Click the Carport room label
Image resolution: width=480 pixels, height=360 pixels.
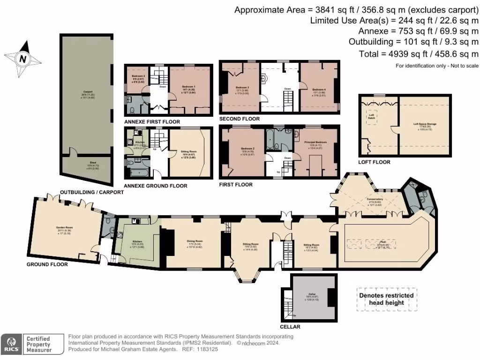click(x=88, y=93)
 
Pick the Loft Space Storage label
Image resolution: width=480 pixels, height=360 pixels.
click(x=425, y=125)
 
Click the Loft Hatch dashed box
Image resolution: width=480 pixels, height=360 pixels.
click(x=371, y=116)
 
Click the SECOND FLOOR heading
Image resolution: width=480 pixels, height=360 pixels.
click(x=239, y=119)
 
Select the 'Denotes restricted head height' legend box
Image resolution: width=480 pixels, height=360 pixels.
click(x=386, y=299)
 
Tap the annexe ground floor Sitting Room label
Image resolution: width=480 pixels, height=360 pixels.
click(x=190, y=152)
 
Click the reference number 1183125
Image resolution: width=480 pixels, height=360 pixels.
click(x=211, y=349)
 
